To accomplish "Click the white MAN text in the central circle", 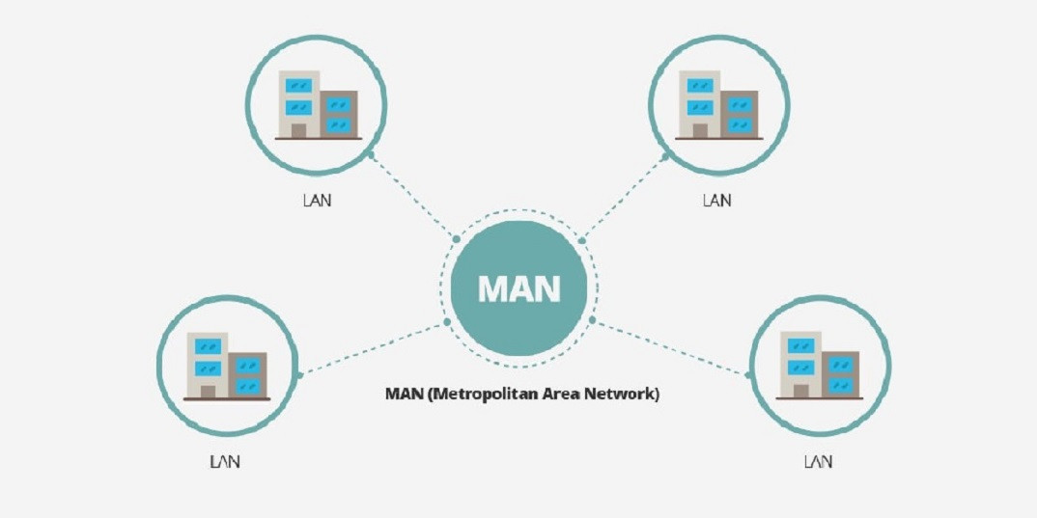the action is pyautogui.click(x=519, y=288).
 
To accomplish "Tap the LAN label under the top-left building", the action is pyautogui.click(x=317, y=201).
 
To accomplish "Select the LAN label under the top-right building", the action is pyautogui.click(x=717, y=201).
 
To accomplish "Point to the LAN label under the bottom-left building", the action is pyautogui.click(x=225, y=462).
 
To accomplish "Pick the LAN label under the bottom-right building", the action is pyautogui.click(x=818, y=462).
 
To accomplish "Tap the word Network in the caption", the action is pyautogui.click(x=629, y=395).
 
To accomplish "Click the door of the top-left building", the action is pyautogui.click(x=299, y=130).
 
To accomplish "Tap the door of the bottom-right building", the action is pyautogui.click(x=800, y=391).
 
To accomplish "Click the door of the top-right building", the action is pyautogui.click(x=700, y=130).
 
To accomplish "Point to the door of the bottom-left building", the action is pyautogui.click(x=208, y=391).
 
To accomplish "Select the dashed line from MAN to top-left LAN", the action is pyautogui.click(x=413, y=196).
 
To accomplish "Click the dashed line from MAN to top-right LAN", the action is pyautogui.click(x=623, y=198).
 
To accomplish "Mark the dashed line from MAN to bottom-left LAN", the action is pyautogui.click(x=373, y=348).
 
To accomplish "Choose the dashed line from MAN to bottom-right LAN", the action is pyautogui.click(x=670, y=347).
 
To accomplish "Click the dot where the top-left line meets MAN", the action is pyautogui.click(x=457, y=238).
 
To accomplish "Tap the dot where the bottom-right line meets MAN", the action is pyautogui.click(x=592, y=320).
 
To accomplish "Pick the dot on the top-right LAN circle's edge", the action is pyautogui.click(x=665, y=156).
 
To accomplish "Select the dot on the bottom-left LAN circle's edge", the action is pyautogui.click(x=299, y=375).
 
